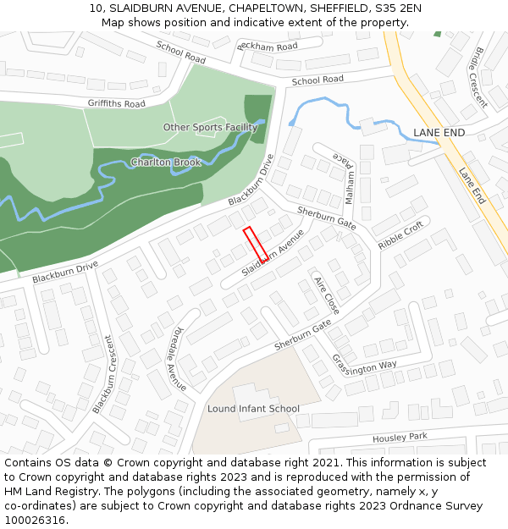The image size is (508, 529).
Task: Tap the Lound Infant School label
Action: (253, 409)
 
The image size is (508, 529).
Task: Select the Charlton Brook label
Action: (166, 162)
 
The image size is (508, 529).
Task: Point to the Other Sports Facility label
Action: (210, 128)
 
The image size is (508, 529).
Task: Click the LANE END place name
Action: (439, 133)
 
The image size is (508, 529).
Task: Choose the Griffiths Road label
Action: (116, 104)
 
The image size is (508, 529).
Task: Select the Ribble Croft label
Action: (400, 235)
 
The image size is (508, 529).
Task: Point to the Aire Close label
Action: (326, 295)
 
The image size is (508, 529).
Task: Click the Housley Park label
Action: (400, 438)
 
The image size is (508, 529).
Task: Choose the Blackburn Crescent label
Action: (102, 374)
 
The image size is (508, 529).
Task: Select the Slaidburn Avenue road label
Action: (273, 251)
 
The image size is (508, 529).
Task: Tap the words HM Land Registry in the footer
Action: (45, 491)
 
